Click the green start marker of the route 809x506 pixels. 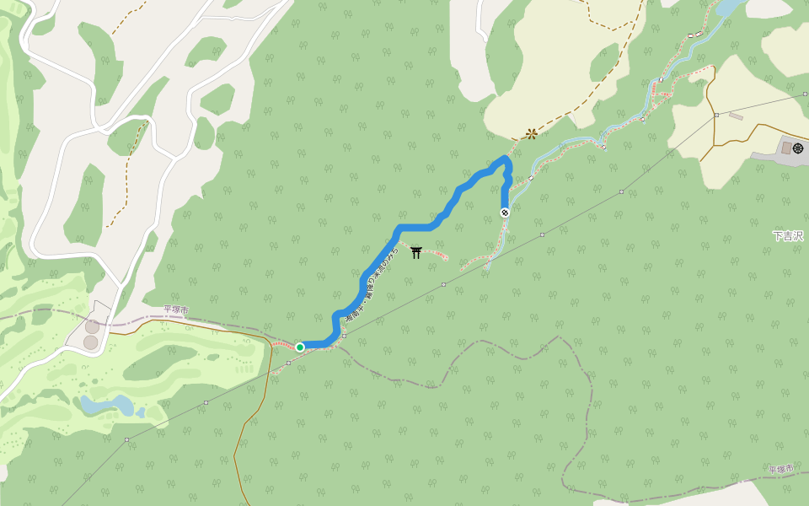299,347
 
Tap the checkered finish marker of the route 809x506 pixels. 505,213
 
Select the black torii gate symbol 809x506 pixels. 415,252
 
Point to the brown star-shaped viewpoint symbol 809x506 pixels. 531,133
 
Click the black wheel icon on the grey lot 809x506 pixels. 798,148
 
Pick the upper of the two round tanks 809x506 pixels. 91,326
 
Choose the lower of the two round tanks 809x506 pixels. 91,342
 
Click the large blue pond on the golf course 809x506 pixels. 107,405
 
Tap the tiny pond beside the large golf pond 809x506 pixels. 140,412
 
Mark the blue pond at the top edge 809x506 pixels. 729,8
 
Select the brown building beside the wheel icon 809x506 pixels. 785,148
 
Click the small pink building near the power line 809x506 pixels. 736,116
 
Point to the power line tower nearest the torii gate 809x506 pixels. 443,285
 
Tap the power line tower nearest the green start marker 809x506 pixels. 344,336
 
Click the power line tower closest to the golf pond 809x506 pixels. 206,403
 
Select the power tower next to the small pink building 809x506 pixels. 715,115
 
